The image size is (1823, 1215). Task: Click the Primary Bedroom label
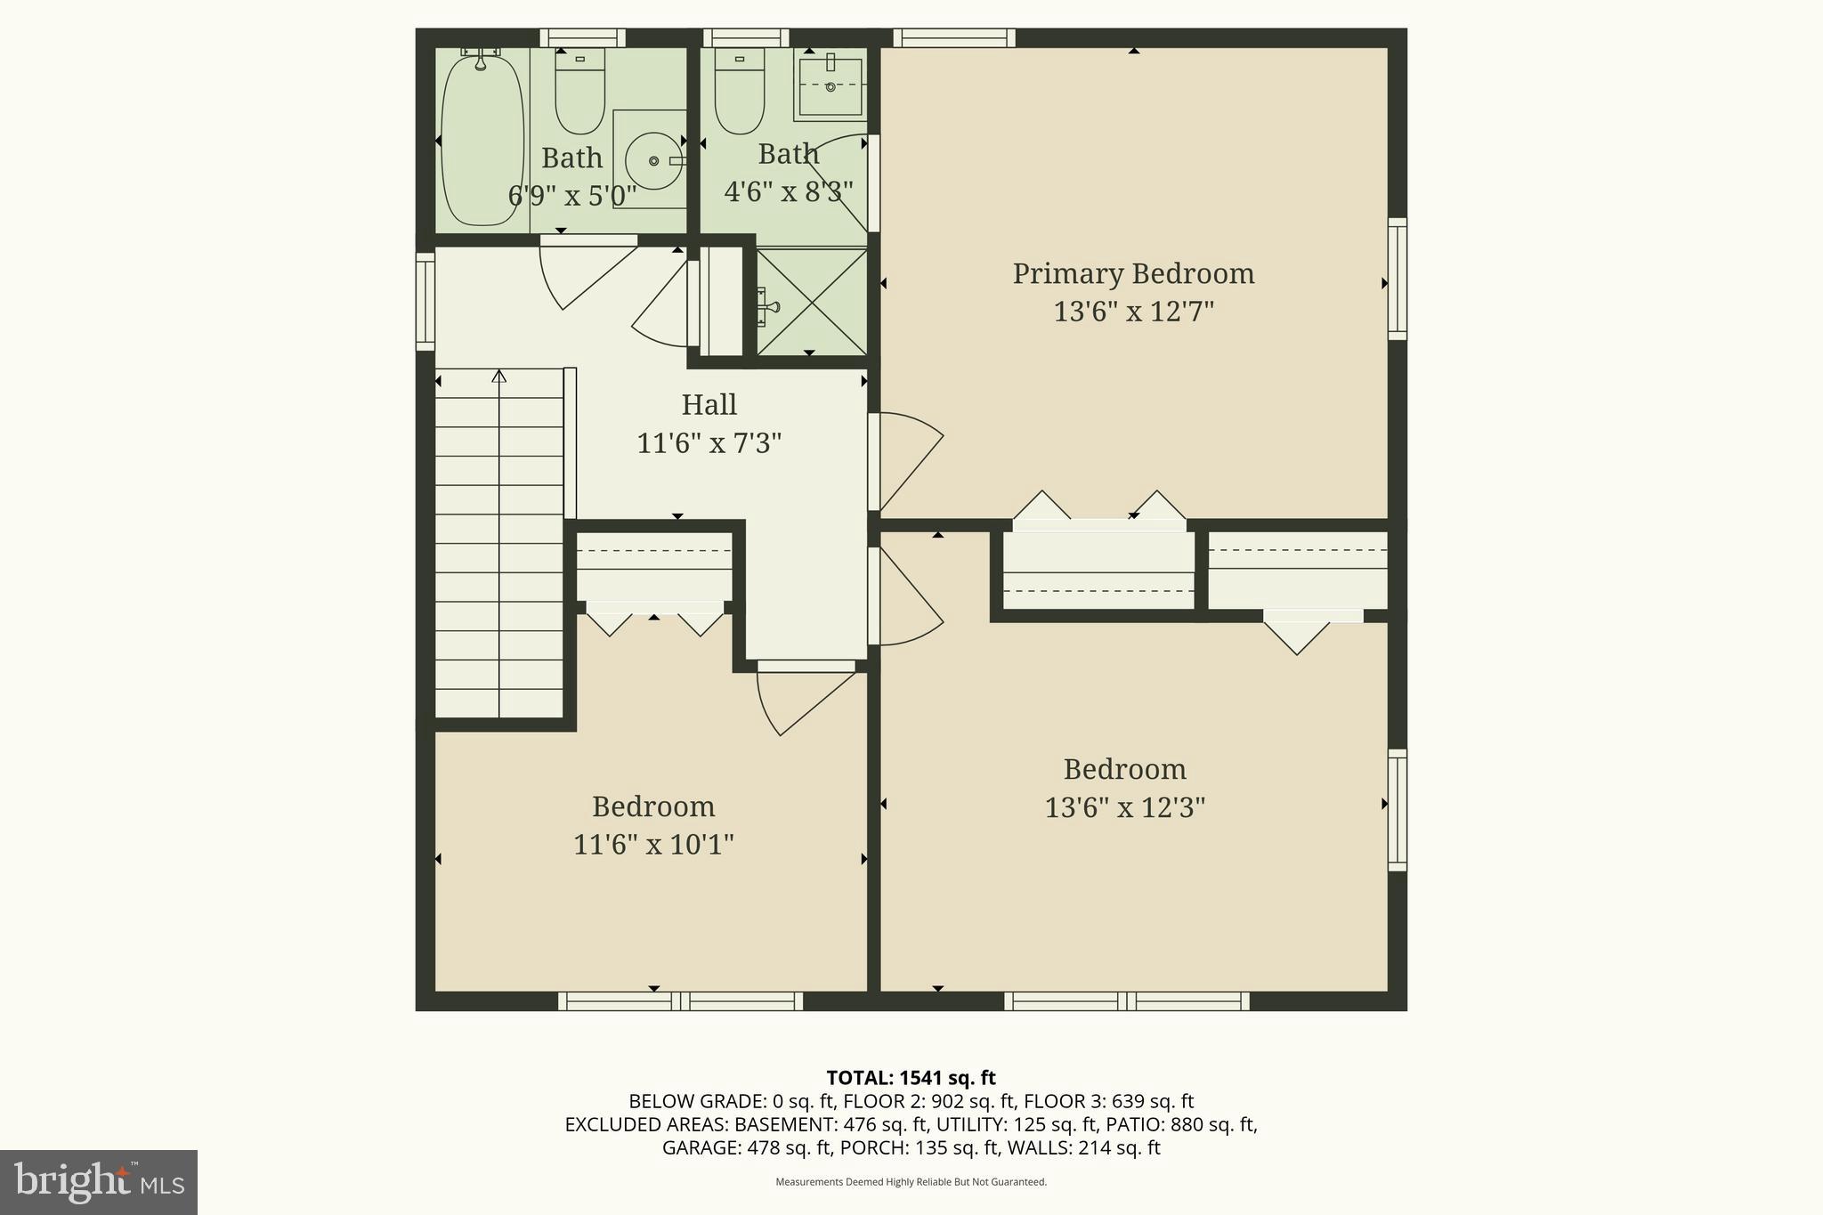pos(1133,273)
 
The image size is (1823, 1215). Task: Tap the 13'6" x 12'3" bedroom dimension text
pos(1124,808)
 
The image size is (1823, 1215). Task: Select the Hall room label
pos(709,405)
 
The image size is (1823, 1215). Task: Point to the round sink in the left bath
pos(654,161)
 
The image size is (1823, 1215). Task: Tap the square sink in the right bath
pos(830,86)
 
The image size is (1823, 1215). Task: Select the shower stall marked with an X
pos(811,301)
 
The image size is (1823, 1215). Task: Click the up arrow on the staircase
pos(499,377)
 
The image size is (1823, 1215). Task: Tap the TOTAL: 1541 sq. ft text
pos(911,1078)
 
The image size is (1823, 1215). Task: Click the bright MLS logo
pos(99,1182)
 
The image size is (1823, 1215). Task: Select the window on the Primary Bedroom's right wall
pos(1398,279)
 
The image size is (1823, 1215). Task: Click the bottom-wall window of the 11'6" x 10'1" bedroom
pos(681,1001)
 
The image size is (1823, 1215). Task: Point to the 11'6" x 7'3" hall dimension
pos(709,443)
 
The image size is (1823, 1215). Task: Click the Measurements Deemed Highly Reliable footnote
pos(911,1182)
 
